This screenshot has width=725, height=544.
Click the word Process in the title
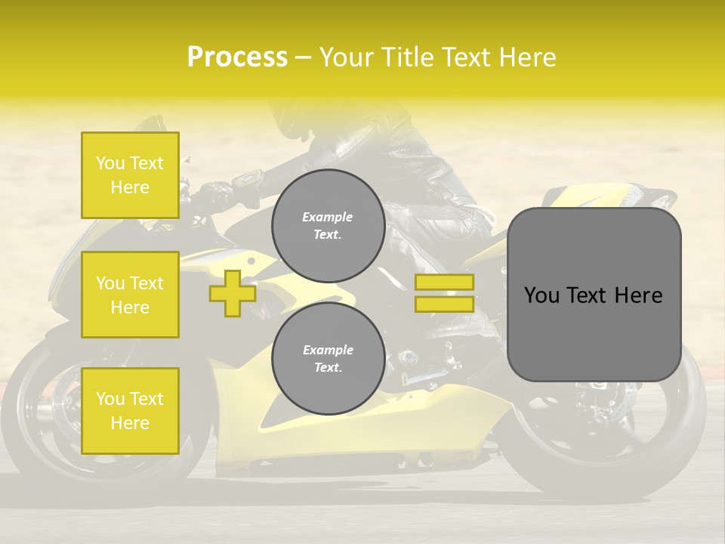(237, 57)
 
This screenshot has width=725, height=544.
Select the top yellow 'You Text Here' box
(130, 175)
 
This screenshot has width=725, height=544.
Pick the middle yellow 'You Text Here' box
(130, 295)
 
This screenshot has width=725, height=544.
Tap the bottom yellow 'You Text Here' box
(130, 411)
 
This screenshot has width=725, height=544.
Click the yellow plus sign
(233, 293)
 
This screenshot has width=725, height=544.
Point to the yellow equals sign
(444, 293)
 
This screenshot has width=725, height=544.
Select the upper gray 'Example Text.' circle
(328, 226)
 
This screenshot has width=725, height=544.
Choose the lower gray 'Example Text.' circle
(328, 359)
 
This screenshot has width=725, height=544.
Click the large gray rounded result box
(594, 295)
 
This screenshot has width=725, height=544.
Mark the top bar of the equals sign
(444, 283)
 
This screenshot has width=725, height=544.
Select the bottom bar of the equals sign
(444, 304)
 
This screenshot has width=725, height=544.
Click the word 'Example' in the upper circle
(328, 217)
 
